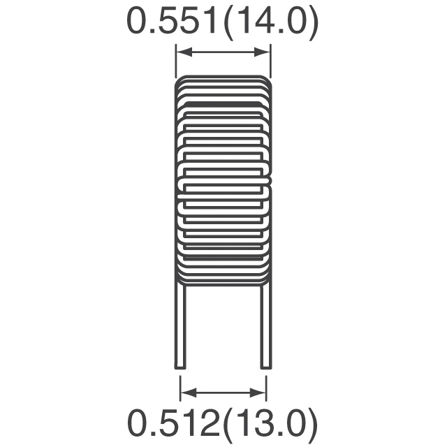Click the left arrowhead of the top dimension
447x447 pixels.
click(184, 52)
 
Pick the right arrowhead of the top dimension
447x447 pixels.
click(262, 52)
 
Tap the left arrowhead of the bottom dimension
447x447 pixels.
click(189, 393)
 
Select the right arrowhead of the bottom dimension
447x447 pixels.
click(258, 393)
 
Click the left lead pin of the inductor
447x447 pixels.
click(180, 325)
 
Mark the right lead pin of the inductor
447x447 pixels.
click(265, 325)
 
